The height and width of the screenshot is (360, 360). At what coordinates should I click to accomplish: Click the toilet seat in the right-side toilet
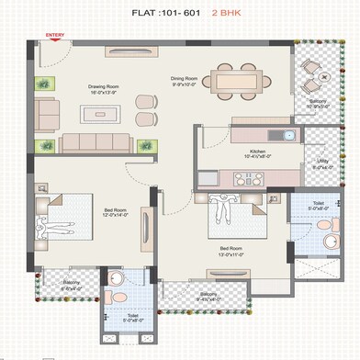click(x=327, y=242)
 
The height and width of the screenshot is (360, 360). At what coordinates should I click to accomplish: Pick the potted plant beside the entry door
click(x=42, y=84)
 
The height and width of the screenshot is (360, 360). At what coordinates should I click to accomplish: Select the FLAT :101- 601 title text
click(x=173, y=14)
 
